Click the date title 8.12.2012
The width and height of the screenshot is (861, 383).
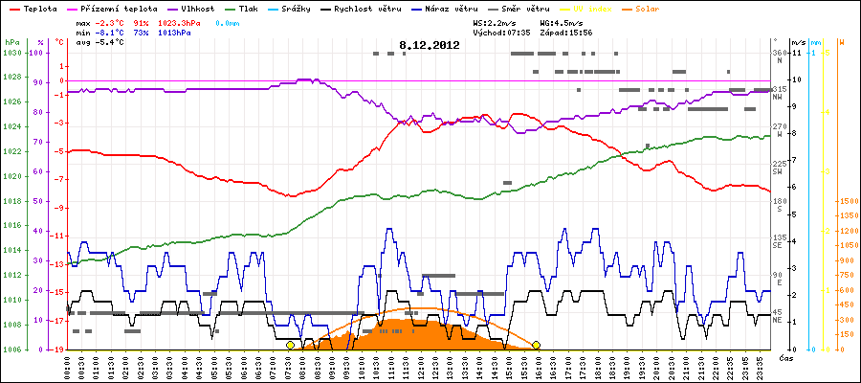pyautogui.click(x=430, y=45)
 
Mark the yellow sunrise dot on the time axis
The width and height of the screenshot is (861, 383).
pyautogui.click(x=290, y=345)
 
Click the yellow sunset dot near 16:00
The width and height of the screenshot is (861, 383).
pyautogui.click(x=537, y=345)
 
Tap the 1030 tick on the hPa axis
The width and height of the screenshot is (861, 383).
pyautogui.click(x=11, y=52)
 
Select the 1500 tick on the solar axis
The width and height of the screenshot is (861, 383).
pyautogui.click(x=846, y=201)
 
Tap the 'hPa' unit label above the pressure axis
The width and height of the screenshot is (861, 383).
pyautogui.click(x=11, y=43)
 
